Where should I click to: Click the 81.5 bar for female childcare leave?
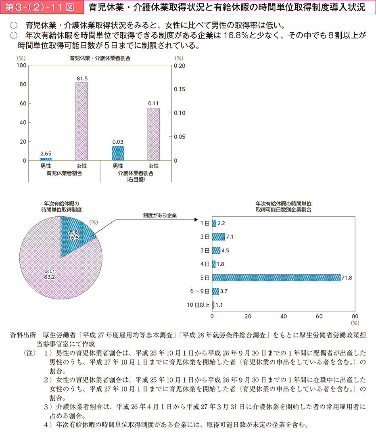[81, 121]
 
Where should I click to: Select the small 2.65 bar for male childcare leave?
[46, 159]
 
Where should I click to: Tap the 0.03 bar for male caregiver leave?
[118, 153]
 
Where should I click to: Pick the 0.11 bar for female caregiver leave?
[153, 134]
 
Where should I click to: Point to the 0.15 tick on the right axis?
[180, 89]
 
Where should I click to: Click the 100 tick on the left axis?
[21, 65]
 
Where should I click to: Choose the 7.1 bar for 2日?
[218, 237]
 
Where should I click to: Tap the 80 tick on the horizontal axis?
[355, 316]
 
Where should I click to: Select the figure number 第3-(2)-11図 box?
[42, 7]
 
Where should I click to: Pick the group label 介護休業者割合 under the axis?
[136, 173]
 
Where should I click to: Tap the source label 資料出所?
[25, 335]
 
